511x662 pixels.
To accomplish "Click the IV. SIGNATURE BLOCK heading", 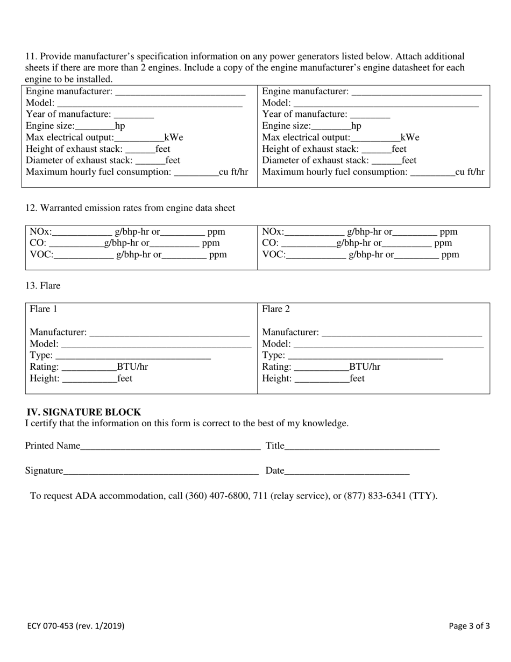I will coord(84,412).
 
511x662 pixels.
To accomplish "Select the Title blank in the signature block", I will coord(362,446).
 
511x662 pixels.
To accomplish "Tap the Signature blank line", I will coord(161,471).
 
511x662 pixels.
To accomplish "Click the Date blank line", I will coord(347,471).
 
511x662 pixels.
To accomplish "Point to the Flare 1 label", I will coord(44,309).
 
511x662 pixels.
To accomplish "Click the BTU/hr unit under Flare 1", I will coord(132,367).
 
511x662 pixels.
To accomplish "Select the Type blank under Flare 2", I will coord(366,356).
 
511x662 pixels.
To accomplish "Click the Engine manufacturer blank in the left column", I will coord(180,93).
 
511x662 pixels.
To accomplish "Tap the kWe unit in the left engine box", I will coord(174,138).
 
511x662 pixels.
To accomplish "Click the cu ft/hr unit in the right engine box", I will coord(470,172).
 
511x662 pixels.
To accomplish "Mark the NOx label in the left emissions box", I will coord(41,232).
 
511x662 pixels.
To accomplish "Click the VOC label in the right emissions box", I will coord(274,255).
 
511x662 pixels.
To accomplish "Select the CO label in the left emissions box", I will coord(38,243).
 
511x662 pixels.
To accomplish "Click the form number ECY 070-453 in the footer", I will coord(76,626).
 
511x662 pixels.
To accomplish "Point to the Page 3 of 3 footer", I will coord(469,626).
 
